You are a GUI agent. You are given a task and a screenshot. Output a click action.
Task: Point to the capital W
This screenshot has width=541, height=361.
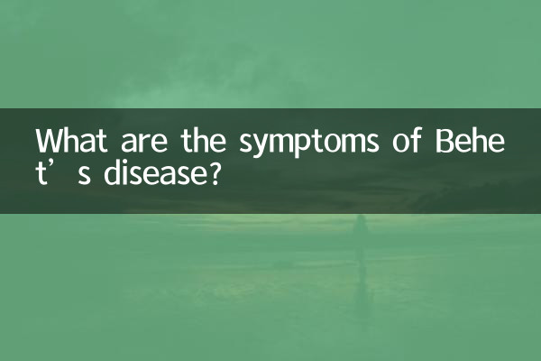tap(48, 143)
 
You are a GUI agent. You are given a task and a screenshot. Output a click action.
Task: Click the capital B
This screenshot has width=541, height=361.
tap(441, 143)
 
